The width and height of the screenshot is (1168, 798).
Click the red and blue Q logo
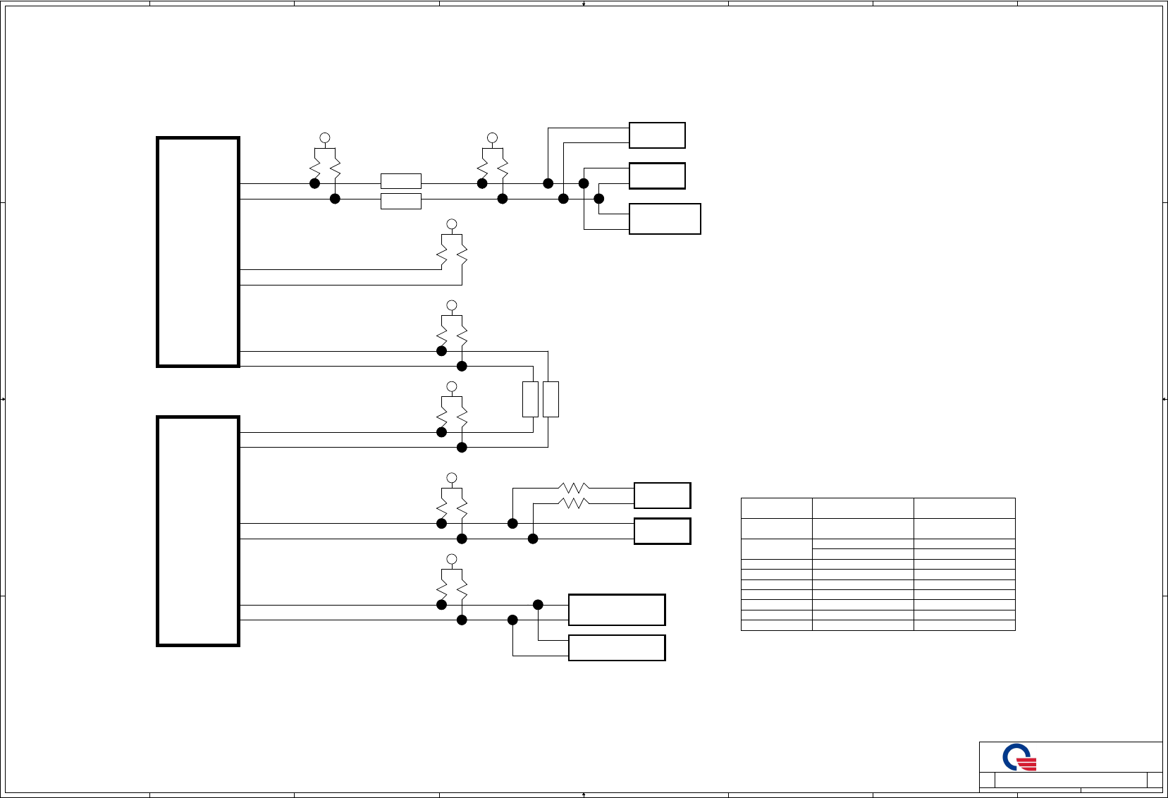pos(1019,759)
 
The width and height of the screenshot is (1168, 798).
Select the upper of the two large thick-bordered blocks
pos(198,252)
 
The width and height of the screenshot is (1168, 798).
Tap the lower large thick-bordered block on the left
pos(198,531)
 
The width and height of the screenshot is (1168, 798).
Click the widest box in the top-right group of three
pos(665,219)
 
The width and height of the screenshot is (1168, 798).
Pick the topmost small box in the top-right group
pos(657,135)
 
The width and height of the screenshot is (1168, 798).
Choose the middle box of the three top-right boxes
pos(657,176)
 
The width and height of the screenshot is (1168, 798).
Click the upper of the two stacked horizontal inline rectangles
pos(401,181)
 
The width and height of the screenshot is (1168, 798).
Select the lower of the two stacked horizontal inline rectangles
pos(401,201)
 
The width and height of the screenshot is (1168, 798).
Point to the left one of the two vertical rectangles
pos(530,399)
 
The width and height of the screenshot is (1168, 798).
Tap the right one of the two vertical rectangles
pos(551,399)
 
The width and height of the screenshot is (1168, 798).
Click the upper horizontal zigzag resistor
pos(574,488)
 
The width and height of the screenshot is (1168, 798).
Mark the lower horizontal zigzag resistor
pos(574,503)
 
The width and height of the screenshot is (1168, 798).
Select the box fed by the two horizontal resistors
pos(662,496)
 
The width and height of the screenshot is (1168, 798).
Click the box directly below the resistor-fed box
pos(662,531)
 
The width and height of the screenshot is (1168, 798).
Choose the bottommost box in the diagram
pos(617,648)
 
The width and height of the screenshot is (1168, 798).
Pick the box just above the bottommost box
pos(617,610)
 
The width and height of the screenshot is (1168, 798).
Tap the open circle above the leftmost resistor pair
pos(325,138)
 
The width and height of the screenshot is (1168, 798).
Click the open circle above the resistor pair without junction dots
pos(452,224)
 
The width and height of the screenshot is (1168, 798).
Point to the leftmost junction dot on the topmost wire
pos(315,183)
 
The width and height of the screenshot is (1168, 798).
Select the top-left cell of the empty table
pos(776,508)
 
